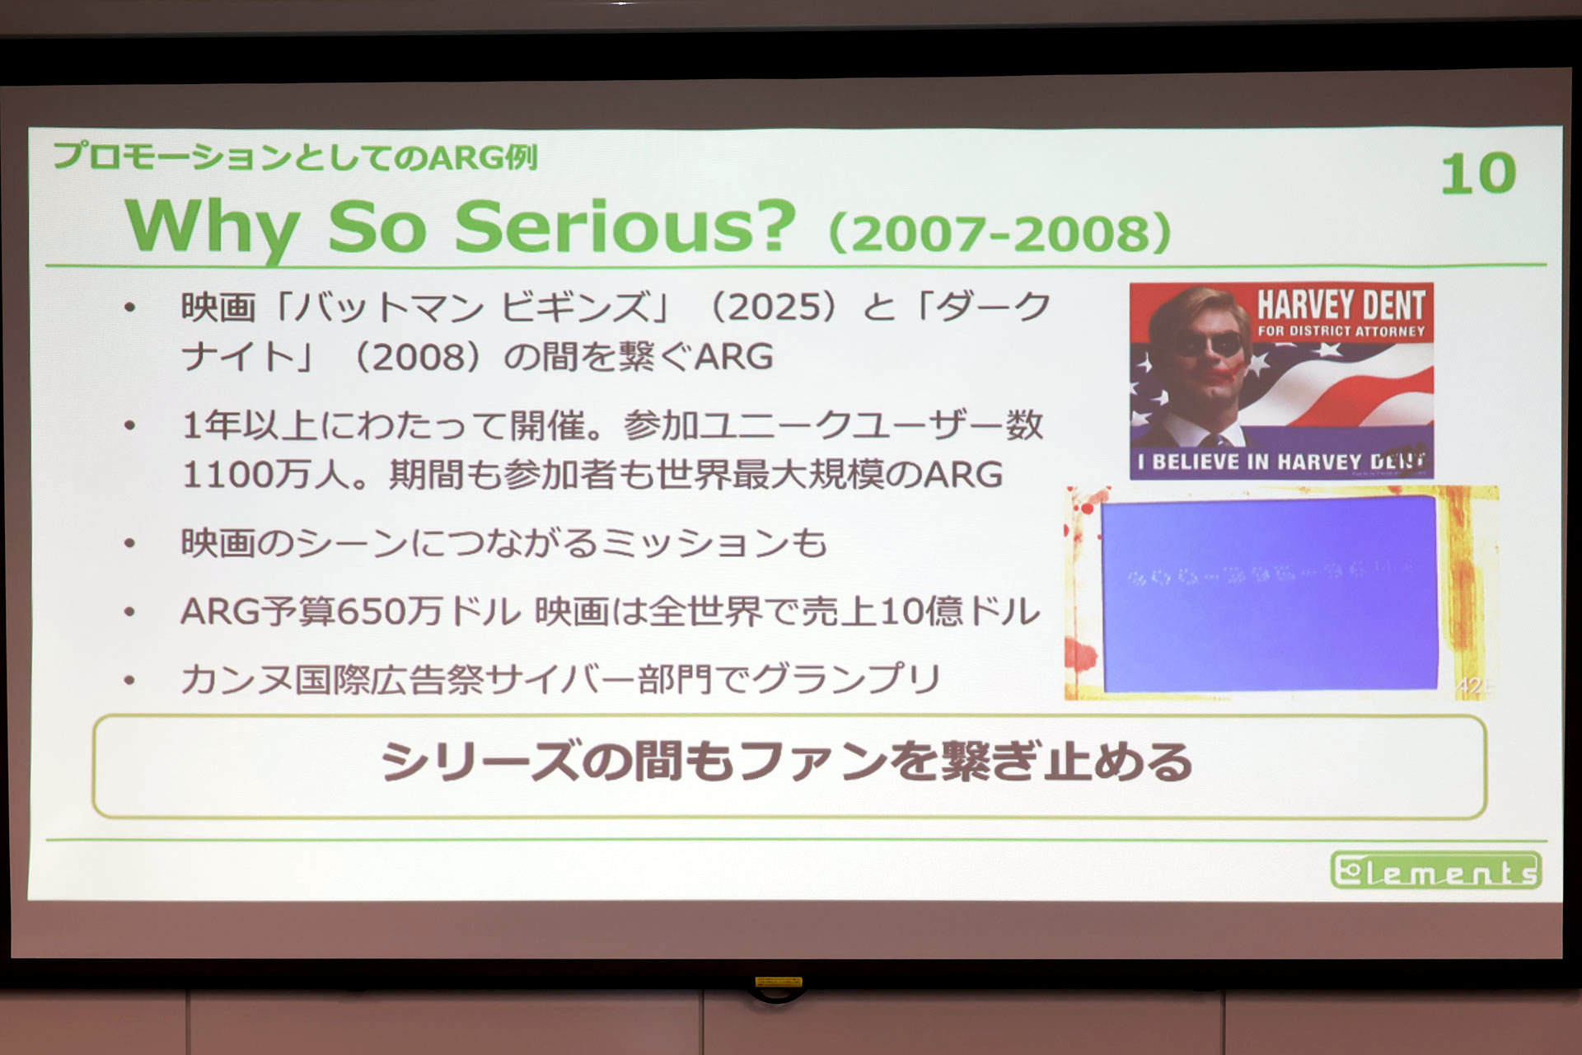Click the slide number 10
click(x=1478, y=175)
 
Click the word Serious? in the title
click(x=625, y=227)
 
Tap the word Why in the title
click(x=212, y=228)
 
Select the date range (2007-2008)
click(x=999, y=233)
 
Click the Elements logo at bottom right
click(x=1435, y=870)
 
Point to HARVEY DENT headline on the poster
click(x=1341, y=305)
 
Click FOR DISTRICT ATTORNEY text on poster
click(x=1341, y=331)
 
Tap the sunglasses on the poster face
click(x=1208, y=342)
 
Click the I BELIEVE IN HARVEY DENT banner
click(x=1280, y=462)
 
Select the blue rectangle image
click(x=1269, y=593)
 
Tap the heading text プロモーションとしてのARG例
click(x=295, y=156)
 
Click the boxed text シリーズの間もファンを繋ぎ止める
click(x=787, y=762)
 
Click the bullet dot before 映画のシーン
click(x=129, y=544)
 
